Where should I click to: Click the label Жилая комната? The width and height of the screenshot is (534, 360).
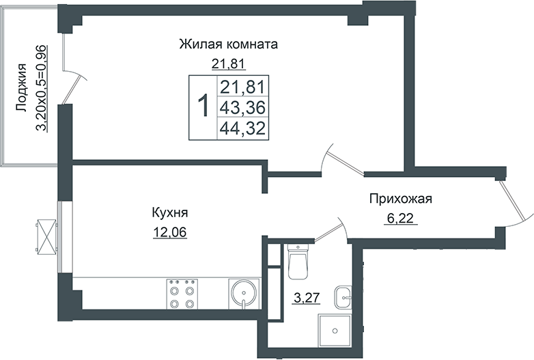point(228,45)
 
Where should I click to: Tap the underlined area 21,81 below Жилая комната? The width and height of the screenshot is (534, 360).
point(228,65)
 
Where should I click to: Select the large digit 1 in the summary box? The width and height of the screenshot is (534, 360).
point(202,107)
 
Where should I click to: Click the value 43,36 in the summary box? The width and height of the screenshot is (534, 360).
point(242,107)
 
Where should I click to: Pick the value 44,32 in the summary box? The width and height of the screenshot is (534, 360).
point(242,128)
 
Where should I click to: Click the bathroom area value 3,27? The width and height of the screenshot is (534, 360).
point(304,298)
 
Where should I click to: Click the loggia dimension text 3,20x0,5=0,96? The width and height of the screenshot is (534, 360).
point(42,87)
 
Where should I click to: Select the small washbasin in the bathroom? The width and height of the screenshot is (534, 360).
point(343,297)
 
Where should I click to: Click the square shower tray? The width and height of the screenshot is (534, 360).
point(335,331)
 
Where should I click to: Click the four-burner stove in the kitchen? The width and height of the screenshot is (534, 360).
point(181,294)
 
